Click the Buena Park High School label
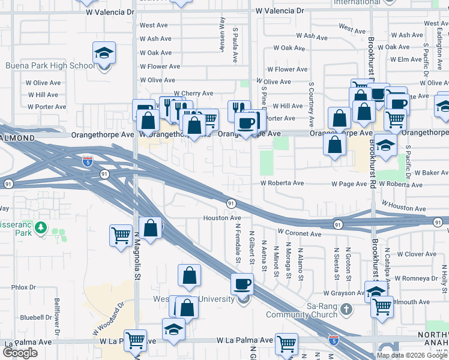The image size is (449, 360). pos(49,66)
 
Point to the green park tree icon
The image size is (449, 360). pos(41,228)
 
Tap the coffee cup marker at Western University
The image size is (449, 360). pos(242,284)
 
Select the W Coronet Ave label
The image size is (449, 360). pos(300,232)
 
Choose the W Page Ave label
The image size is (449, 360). pos(349,184)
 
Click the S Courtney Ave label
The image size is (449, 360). pos(312,104)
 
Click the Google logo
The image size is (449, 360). pos(20,353)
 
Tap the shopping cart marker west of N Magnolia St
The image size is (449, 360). pos(121,235)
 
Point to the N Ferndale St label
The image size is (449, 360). pos(238,239)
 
